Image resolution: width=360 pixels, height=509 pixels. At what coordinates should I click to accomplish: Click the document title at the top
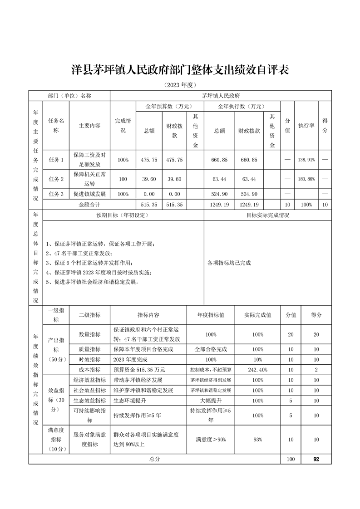click(180, 71)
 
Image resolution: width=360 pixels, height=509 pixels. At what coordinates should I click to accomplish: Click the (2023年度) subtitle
click(180, 85)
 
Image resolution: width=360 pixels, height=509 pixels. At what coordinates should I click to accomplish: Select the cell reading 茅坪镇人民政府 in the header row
click(221, 96)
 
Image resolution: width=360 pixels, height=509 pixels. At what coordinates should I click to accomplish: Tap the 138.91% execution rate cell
click(306, 160)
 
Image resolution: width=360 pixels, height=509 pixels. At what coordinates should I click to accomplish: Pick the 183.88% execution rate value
click(306, 179)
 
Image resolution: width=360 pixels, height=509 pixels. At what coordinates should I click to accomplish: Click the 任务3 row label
click(56, 194)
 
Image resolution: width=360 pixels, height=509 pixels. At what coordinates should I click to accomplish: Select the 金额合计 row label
click(89, 205)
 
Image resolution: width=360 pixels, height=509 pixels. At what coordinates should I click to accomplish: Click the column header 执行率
click(306, 126)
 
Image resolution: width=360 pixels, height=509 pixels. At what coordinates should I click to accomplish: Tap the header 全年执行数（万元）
click(242, 107)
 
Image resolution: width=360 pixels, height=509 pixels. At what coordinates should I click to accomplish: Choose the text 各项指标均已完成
click(229, 263)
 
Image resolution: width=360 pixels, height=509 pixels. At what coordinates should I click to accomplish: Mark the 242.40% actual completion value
click(257, 370)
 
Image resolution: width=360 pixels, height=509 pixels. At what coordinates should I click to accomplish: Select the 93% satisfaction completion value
click(257, 440)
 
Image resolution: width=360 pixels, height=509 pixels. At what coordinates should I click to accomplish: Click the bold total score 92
click(316, 460)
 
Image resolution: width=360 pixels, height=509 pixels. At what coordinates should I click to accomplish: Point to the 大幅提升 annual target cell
click(211, 401)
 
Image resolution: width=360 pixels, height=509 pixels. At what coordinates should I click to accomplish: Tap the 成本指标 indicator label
click(89, 370)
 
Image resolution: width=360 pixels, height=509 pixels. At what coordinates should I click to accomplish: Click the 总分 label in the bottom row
click(155, 460)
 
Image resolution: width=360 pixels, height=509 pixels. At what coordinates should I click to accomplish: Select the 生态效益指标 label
click(89, 401)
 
